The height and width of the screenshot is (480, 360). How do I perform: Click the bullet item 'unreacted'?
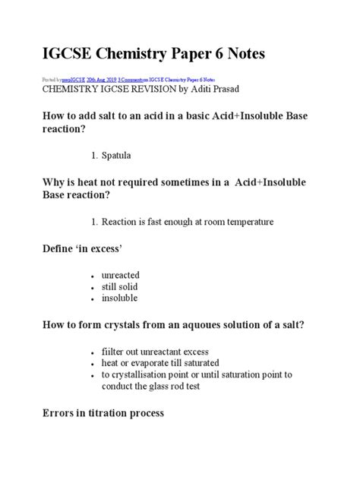[120, 274]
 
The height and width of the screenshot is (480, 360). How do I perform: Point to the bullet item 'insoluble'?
[119, 298]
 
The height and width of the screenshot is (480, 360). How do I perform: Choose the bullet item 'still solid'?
[121, 286]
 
